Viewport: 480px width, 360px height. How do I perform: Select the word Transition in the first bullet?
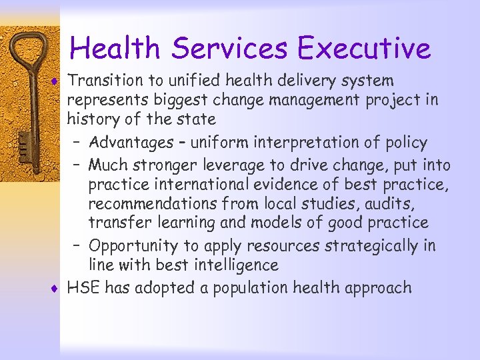tap(106, 81)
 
